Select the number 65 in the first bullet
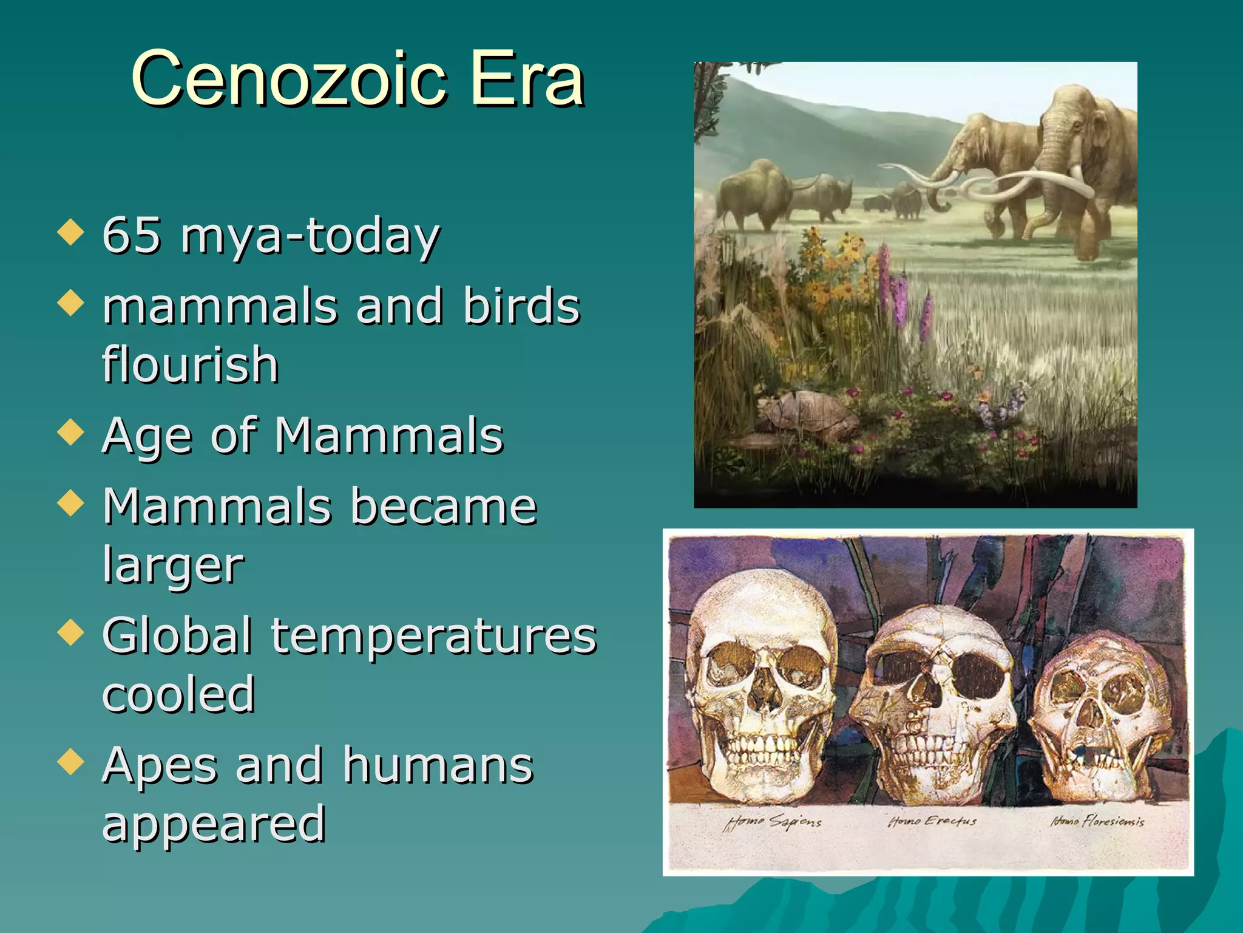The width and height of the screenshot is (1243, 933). pos(132,236)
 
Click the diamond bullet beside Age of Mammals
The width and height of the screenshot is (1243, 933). pos(71,432)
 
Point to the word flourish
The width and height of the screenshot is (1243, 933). pos(190,364)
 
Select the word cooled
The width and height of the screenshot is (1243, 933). pos(178,694)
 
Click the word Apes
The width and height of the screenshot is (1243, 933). pos(160,766)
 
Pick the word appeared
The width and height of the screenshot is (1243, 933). pos(214,825)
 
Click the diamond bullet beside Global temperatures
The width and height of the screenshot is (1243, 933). pos(71,632)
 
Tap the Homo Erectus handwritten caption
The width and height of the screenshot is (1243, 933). pos(932,821)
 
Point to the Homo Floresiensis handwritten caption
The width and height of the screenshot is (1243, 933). pos(1097,821)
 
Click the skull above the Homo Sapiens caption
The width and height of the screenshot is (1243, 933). pos(762,686)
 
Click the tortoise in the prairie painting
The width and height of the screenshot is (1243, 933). pos(807,416)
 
